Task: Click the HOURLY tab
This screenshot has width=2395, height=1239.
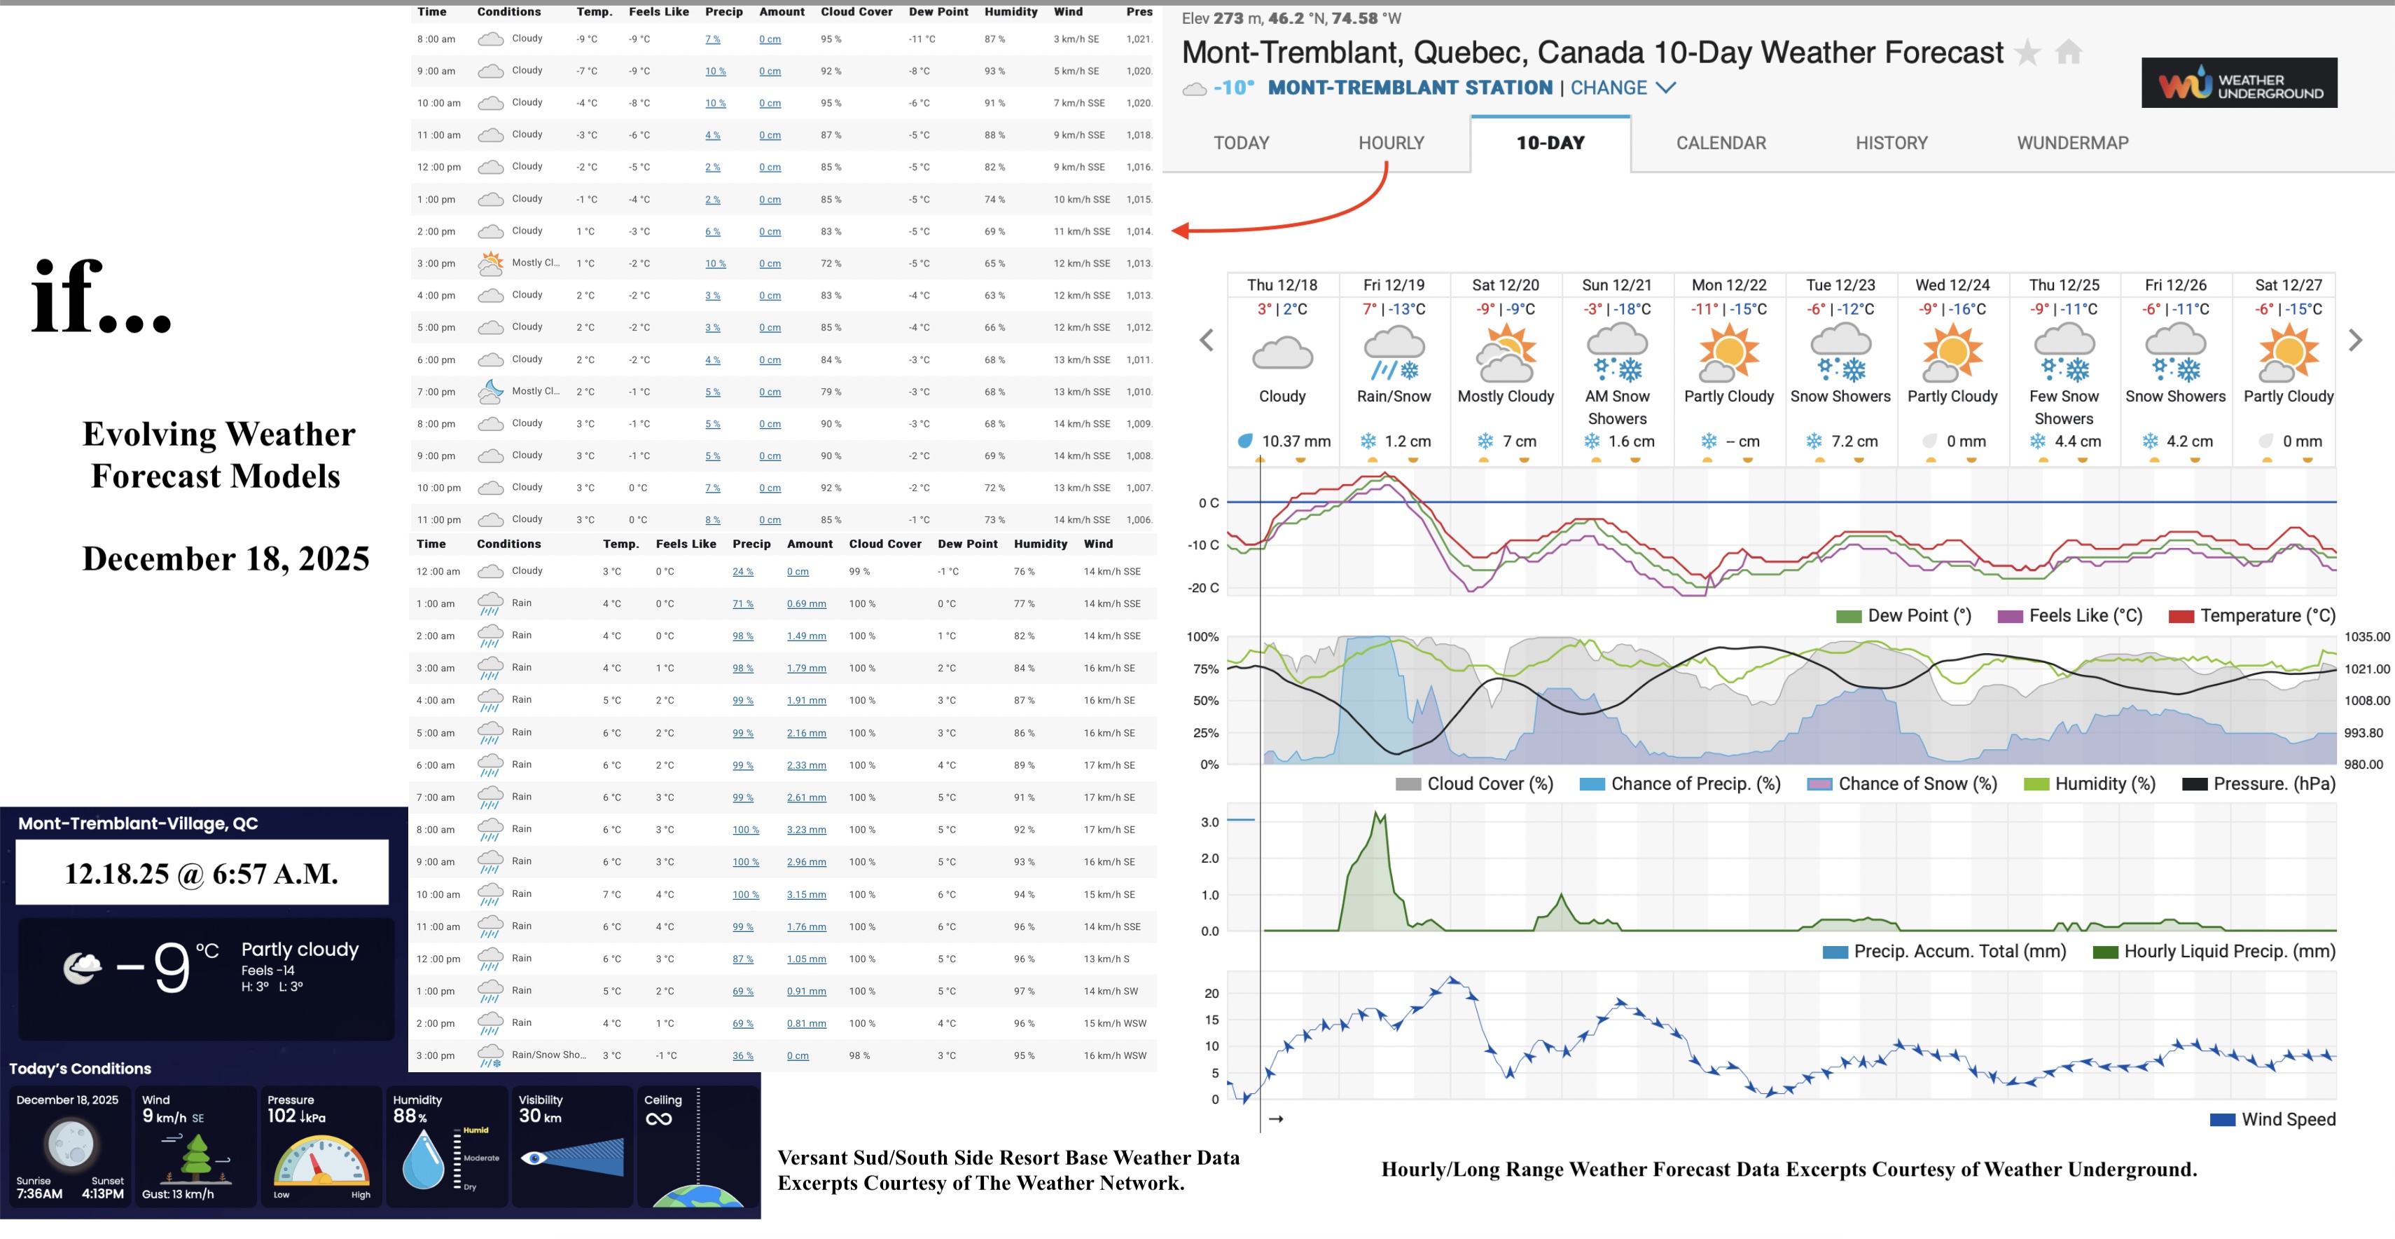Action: click(x=1391, y=143)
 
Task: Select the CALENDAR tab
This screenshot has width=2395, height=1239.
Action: click(x=1721, y=143)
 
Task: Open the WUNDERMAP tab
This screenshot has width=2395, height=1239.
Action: click(x=2072, y=143)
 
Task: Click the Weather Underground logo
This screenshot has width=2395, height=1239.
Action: click(x=2239, y=83)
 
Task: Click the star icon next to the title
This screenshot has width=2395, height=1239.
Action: click(x=2028, y=53)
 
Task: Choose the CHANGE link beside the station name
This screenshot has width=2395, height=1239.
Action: click(x=1609, y=88)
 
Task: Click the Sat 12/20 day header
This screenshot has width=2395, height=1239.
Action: click(x=1505, y=285)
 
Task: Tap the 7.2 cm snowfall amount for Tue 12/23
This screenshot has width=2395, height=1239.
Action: click(x=1854, y=441)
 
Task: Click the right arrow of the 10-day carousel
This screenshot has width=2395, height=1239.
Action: click(x=2355, y=341)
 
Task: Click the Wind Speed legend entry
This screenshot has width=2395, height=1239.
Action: click(x=2287, y=1120)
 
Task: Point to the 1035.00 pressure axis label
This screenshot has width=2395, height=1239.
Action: click(x=2366, y=637)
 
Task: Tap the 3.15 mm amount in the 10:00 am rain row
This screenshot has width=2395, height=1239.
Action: click(x=806, y=895)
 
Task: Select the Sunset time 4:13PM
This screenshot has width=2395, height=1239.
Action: click(x=102, y=1194)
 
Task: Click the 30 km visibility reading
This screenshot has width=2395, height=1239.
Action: click(x=540, y=1117)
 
